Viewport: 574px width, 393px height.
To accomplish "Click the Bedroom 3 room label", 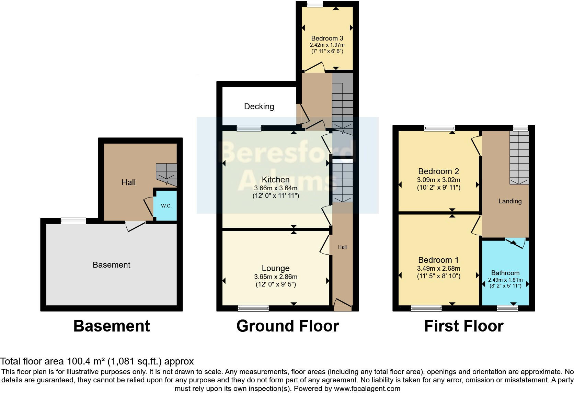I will click(327, 38).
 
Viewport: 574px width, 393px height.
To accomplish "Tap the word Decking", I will click(259, 106).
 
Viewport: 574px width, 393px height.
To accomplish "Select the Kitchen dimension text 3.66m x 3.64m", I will click(275, 188).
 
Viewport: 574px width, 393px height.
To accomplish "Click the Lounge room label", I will click(275, 268).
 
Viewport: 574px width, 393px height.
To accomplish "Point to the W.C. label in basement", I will click(166, 206).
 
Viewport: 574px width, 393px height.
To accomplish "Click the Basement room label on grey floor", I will click(111, 265).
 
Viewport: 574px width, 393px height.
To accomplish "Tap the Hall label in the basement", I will click(128, 182).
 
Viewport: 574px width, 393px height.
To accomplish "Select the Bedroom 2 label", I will click(438, 171).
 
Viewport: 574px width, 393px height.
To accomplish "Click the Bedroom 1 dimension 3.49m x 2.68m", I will click(438, 268).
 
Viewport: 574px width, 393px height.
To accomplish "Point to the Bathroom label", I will click(505, 273).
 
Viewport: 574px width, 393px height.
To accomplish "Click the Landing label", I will click(510, 201).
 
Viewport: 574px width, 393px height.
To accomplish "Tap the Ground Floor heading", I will click(288, 326).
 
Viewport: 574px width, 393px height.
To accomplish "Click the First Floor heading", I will click(463, 326).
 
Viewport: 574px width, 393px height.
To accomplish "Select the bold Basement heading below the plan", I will click(112, 326).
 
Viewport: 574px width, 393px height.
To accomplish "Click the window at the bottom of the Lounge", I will click(253, 308).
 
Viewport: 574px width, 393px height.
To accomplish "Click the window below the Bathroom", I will click(507, 308).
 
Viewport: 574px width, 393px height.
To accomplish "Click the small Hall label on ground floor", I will click(342, 247).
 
